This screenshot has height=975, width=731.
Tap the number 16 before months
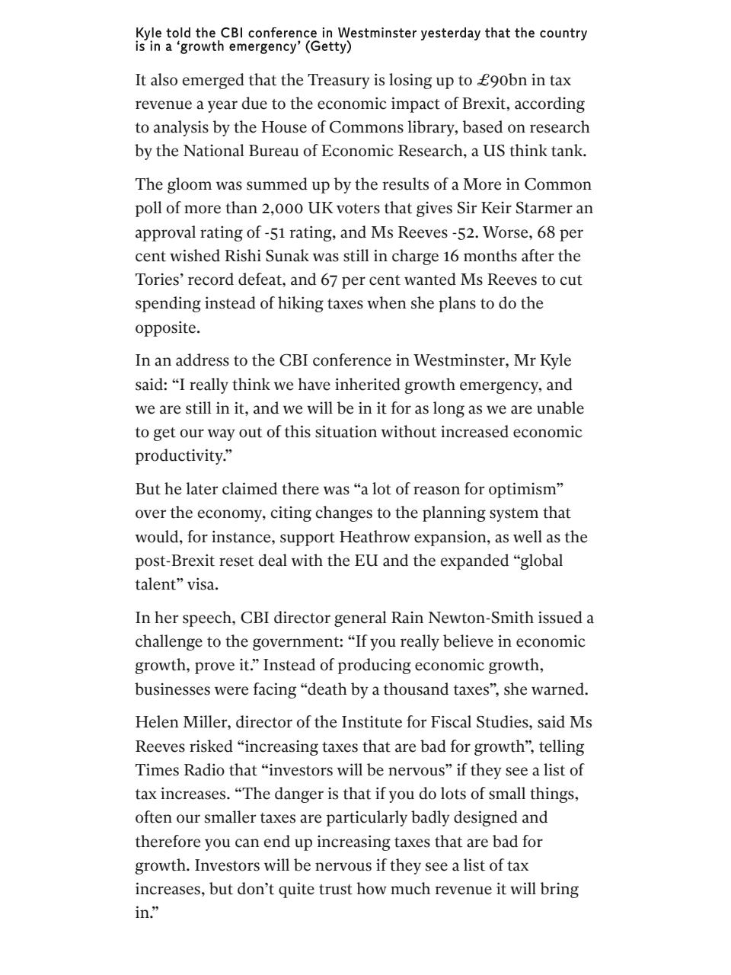coord(452,256)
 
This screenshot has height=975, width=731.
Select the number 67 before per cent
coord(328,280)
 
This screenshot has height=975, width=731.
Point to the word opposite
coord(167,328)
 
